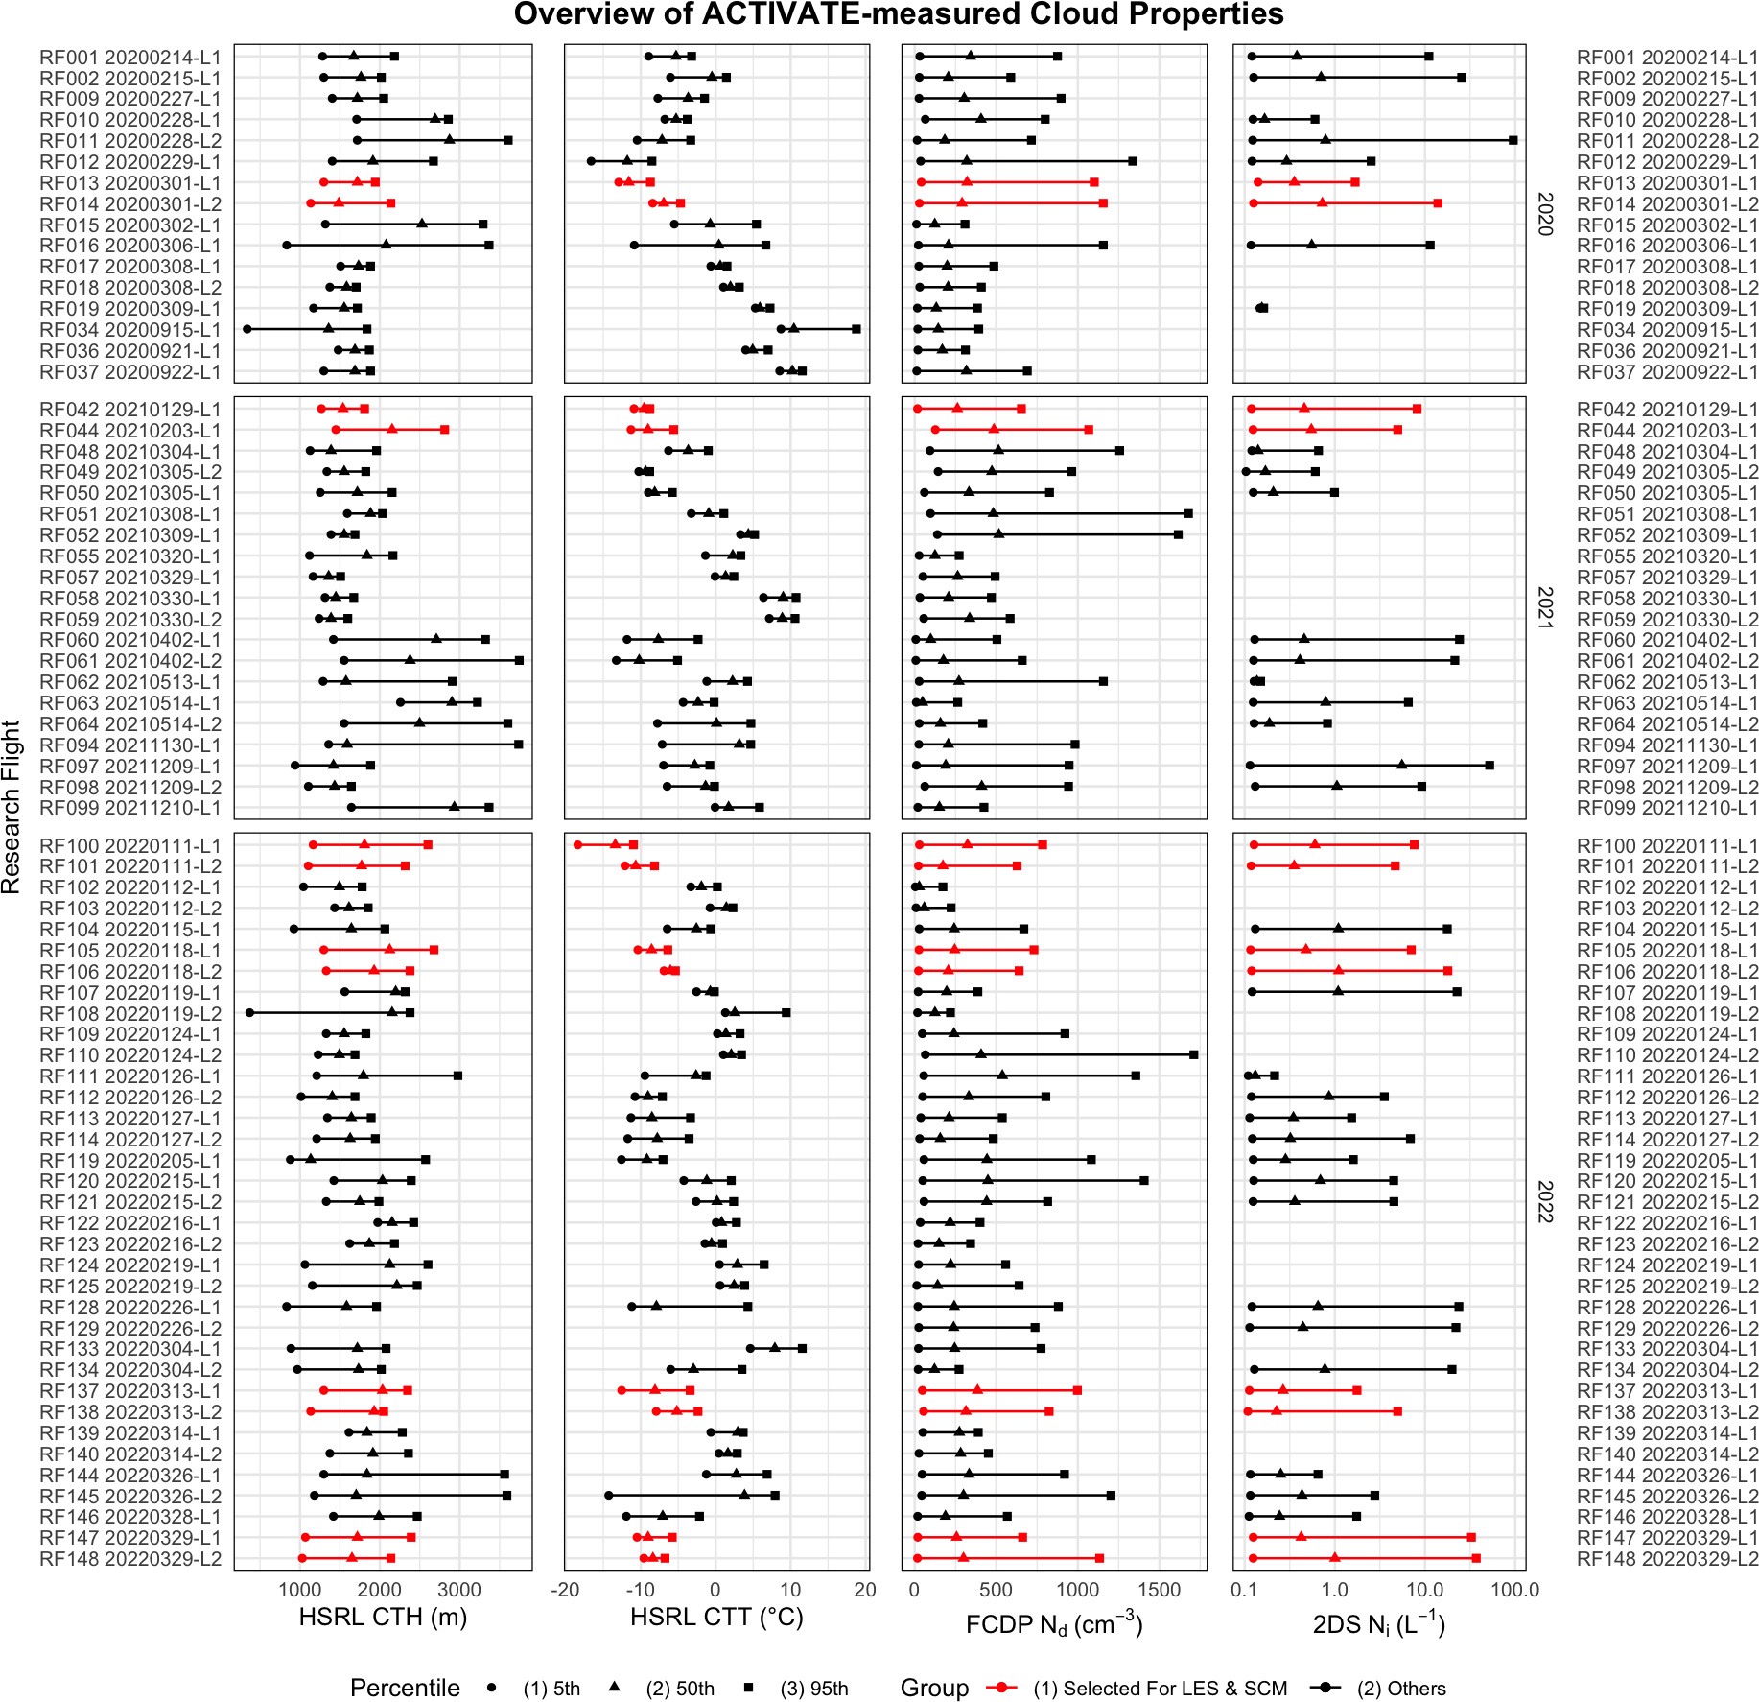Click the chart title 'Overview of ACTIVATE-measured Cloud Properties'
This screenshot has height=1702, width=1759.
click(x=899, y=14)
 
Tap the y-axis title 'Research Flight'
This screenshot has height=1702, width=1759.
click(x=12, y=807)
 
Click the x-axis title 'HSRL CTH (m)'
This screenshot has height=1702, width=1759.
click(x=383, y=1617)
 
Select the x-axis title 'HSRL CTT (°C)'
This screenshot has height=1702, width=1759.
click(x=716, y=1617)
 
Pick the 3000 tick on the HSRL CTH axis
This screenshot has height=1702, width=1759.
click(x=458, y=1590)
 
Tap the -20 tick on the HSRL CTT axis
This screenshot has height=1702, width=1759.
click(x=565, y=1590)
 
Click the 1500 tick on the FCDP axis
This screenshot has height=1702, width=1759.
click(x=1159, y=1590)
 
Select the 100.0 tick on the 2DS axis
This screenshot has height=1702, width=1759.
click(x=1514, y=1590)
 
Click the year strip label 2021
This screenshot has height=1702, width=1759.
click(x=1544, y=607)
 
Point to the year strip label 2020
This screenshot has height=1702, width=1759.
click(x=1544, y=213)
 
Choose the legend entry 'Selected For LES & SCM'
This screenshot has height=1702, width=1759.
click(x=1159, y=1689)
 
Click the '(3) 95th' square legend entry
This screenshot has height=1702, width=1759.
click(x=813, y=1689)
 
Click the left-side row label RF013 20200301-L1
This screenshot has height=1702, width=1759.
click(x=129, y=183)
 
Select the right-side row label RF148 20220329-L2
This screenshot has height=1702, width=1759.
click(x=1667, y=1559)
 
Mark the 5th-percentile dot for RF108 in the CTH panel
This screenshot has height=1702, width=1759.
click(x=249, y=1012)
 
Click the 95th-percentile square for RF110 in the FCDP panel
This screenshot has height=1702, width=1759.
click(x=1194, y=1054)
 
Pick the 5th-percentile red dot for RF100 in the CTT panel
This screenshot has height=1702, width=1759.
click(x=577, y=844)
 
